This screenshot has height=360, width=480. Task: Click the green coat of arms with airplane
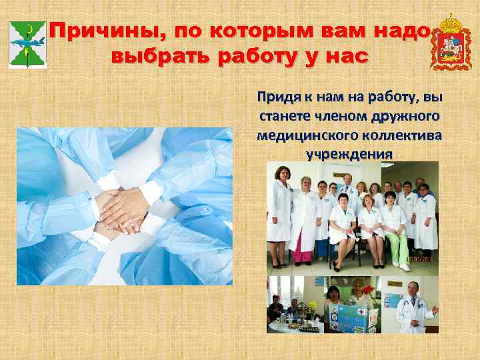click(x=27, y=43)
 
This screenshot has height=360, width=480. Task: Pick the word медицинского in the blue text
click(x=303, y=136)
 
